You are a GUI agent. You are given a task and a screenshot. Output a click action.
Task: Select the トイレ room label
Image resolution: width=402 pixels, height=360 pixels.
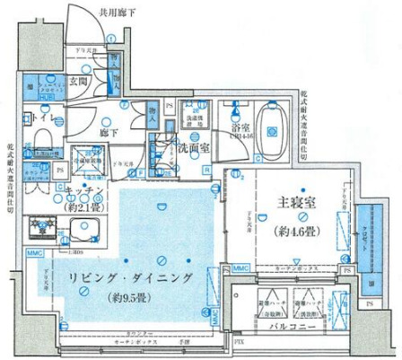tap(42, 118)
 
